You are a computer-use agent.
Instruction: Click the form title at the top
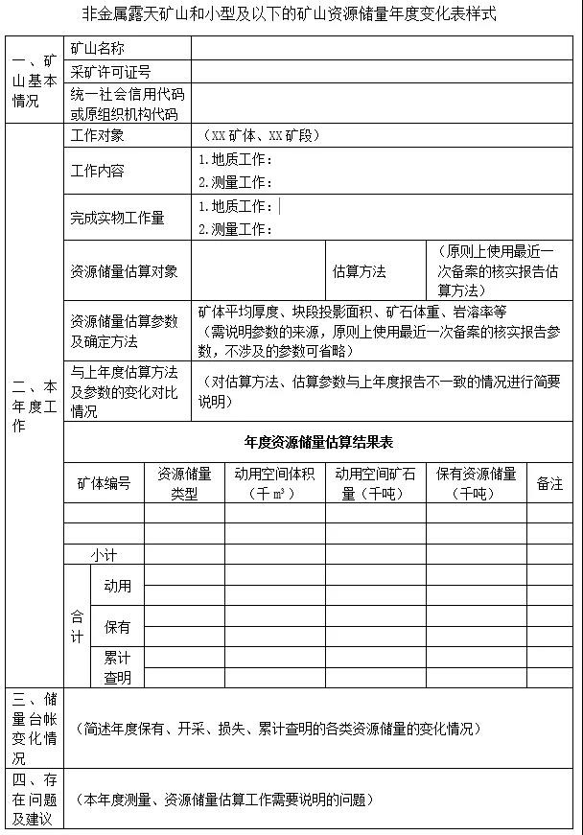[x=291, y=15]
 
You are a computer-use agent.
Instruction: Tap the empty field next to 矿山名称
[x=384, y=48]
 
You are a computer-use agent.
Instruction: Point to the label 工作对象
[x=97, y=136]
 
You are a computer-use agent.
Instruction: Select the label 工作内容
[x=97, y=171]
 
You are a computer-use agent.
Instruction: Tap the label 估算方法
[x=359, y=271]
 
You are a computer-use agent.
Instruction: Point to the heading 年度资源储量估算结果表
[x=318, y=442]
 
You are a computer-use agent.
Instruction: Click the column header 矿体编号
[x=104, y=483]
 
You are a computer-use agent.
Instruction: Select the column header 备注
[x=549, y=483]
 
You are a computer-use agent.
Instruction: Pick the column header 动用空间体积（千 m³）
[x=274, y=483]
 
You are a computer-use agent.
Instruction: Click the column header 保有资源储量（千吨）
[x=476, y=483]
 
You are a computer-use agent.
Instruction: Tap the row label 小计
[x=104, y=555]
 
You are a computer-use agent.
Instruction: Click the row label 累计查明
[x=117, y=667]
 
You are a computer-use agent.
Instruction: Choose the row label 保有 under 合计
[x=117, y=627]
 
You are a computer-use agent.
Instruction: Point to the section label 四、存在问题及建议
[x=35, y=799]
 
